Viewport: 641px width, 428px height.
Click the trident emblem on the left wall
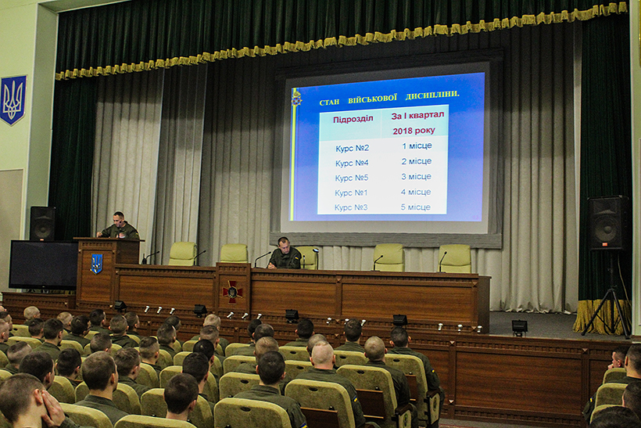(x=13, y=100)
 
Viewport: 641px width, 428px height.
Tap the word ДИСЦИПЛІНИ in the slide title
(x=432, y=95)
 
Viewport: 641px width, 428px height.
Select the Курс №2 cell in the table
(x=352, y=148)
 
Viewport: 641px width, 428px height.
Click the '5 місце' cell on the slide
(x=415, y=207)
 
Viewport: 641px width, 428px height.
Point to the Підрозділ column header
(x=353, y=119)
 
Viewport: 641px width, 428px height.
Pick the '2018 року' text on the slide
(x=414, y=131)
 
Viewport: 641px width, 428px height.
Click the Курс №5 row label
(x=352, y=178)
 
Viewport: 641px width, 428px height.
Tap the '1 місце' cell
(x=417, y=146)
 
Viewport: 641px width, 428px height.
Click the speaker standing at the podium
(x=119, y=226)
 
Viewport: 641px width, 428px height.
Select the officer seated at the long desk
(x=285, y=254)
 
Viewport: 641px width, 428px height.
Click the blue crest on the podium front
(x=96, y=264)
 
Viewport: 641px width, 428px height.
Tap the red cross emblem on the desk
(x=232, y=292)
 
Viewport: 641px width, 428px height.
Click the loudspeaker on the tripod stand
(x=608, y=223)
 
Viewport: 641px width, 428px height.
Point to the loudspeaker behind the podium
(x=42, y=224)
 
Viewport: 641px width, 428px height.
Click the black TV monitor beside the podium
(x=43, y=265)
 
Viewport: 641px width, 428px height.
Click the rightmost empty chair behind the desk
(x=455, y=259)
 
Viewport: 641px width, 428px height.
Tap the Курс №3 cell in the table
(x=351, y=207)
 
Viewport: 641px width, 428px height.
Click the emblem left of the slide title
(x=296, y=99)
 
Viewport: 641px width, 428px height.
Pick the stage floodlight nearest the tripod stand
(x=519, y=326)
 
